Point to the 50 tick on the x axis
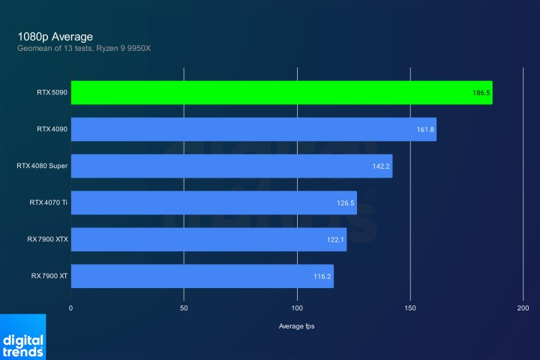click(184, 308)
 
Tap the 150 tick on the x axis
click(410, 308)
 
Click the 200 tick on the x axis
click(523, 308)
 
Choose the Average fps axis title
click(298, 326)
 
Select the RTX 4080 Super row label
click(43, 166)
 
